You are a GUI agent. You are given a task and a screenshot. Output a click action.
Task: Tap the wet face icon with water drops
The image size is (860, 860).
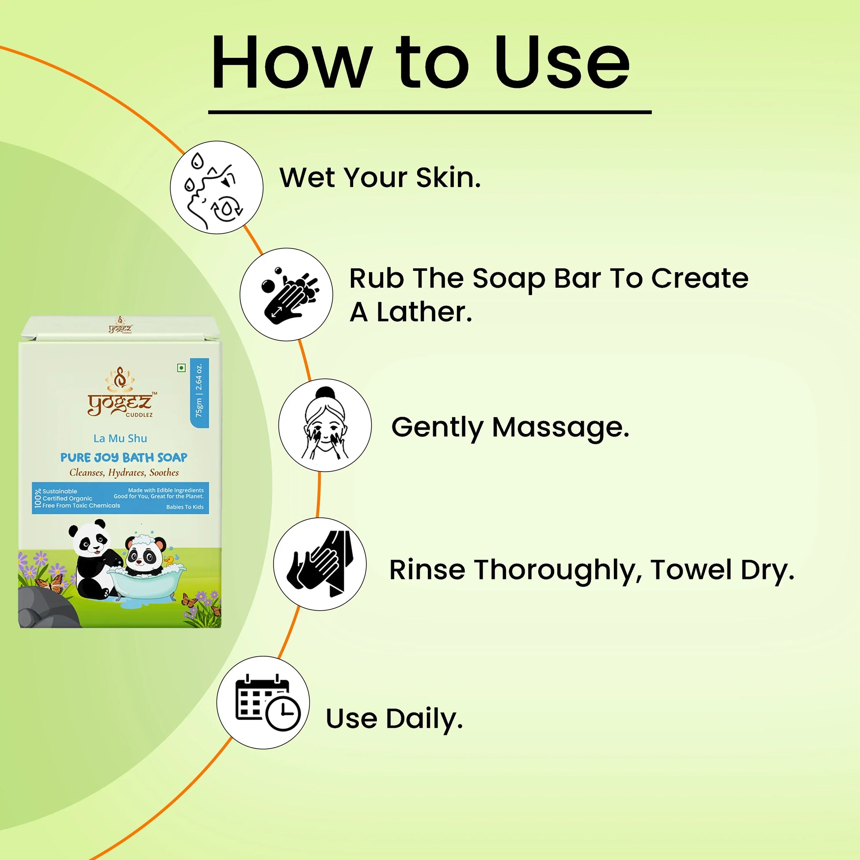217,187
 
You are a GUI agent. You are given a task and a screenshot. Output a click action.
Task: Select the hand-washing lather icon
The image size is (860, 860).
286,294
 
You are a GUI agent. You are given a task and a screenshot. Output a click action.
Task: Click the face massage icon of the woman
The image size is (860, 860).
325,425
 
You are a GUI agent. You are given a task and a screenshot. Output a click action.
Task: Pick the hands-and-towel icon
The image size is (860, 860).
320,563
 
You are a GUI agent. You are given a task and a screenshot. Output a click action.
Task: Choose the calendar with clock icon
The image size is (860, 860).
263,702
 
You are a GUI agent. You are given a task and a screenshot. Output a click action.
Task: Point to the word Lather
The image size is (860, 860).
424,312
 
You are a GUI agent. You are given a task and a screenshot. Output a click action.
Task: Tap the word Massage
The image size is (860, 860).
560,427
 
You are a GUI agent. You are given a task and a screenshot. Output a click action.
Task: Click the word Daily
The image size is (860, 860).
424,719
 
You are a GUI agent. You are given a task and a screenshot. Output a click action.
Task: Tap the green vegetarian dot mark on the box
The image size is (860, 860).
181,368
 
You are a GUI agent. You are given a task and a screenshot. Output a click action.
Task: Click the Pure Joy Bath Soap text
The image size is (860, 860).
124,457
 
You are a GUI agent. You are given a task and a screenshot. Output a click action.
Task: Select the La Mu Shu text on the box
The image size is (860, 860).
120,438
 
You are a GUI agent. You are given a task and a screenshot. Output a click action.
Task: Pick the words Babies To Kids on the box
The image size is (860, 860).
185,507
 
